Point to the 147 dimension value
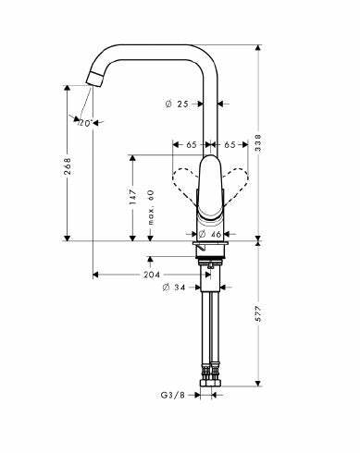[134, 197]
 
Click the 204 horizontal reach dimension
[153, 275]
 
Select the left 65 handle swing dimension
[191, 145]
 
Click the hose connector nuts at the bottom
[210, 375]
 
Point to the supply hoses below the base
[210, 324]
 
